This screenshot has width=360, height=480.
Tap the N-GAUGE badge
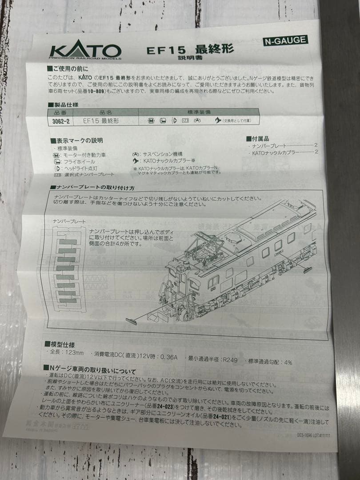[x=285, y=40]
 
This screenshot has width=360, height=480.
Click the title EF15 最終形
[x=190, y=49]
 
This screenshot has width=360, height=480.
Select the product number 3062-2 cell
[x=60, y=120]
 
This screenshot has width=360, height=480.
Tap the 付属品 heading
[x=257, y=139]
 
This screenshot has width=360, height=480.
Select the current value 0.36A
[x=168, y=356]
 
